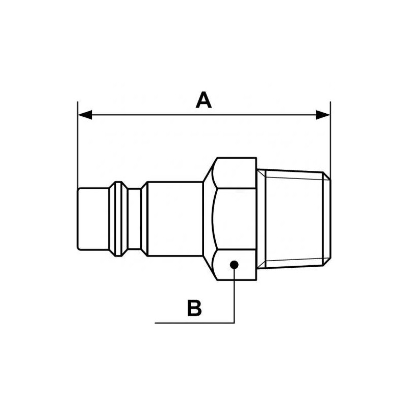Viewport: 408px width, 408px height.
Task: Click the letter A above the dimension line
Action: pos(203,100)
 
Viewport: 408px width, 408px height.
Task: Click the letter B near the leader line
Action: pos(194,308)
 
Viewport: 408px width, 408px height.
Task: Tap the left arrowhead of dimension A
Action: pos(85,115)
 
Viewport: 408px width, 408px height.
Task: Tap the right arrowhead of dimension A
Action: pos(323,115)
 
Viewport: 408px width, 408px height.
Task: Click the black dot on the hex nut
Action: pos(234,264)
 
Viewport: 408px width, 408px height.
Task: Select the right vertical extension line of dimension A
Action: pos(330,138)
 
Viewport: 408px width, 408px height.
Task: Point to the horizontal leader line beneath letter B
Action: pos(194,322)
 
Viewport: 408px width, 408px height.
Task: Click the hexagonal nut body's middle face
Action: pos(234,219)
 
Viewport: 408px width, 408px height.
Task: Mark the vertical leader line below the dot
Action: pos(234,296)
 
